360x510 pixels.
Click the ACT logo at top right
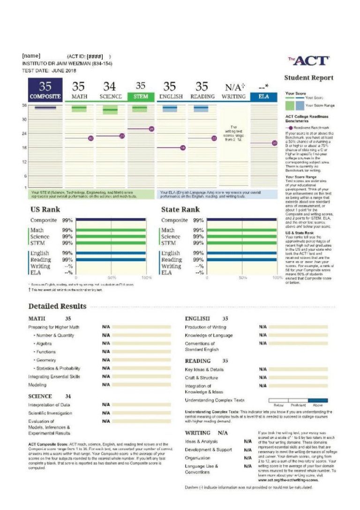coord(309,60)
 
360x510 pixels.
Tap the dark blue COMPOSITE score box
coord(45,90)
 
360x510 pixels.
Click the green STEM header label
coord(141,97)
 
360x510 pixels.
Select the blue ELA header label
coord(263,97)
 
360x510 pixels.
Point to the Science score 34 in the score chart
coord(110,87)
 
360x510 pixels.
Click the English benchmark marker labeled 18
coord(183,148)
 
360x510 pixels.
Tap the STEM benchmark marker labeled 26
coord(151,129)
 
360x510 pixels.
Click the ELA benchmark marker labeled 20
coord(275,142)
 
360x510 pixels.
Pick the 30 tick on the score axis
coord(24,120)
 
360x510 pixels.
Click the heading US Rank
coord(45,210)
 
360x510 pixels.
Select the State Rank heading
coord(180,210)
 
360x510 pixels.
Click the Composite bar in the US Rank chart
coord(111,219)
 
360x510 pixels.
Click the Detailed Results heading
coord(57,306)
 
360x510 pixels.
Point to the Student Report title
coord(309,78)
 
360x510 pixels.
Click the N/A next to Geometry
coord(106,360)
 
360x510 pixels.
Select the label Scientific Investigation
coord(50,413)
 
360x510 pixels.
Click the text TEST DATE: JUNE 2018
coord(49,70)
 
